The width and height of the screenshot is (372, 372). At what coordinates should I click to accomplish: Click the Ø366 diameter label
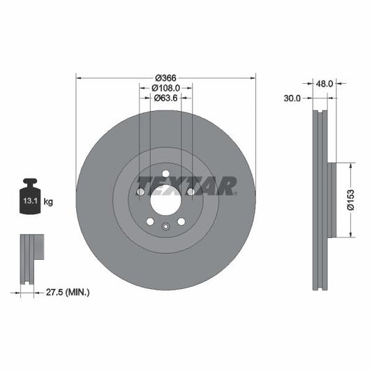[x=165, y=77]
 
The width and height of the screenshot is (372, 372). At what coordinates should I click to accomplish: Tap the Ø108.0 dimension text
[x=166, y=88]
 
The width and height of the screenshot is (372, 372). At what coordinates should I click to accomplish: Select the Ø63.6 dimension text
[x=166, y=98]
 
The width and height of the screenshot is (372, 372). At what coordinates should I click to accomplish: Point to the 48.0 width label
[x=325, y=82]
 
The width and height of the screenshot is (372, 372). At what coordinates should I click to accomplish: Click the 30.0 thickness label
[x=292, y=98]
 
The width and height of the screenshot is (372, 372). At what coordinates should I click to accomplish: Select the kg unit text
[x=49, y=202]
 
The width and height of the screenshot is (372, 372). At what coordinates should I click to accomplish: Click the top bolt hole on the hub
[x=165, y=174]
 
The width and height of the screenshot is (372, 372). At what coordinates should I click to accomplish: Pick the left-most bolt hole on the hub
[x=140, y=192]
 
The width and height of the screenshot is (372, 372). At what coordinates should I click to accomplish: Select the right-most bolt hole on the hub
[x=191, y=192]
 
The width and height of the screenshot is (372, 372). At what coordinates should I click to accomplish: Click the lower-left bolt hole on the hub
[x=150, y=221]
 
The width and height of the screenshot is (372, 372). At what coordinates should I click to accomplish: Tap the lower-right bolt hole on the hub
[x=181, y=221]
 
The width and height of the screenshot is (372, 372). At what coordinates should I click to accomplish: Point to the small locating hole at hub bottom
[x=165, y=226]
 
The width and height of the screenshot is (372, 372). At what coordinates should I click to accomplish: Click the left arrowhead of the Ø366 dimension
[x=78, y=77]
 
